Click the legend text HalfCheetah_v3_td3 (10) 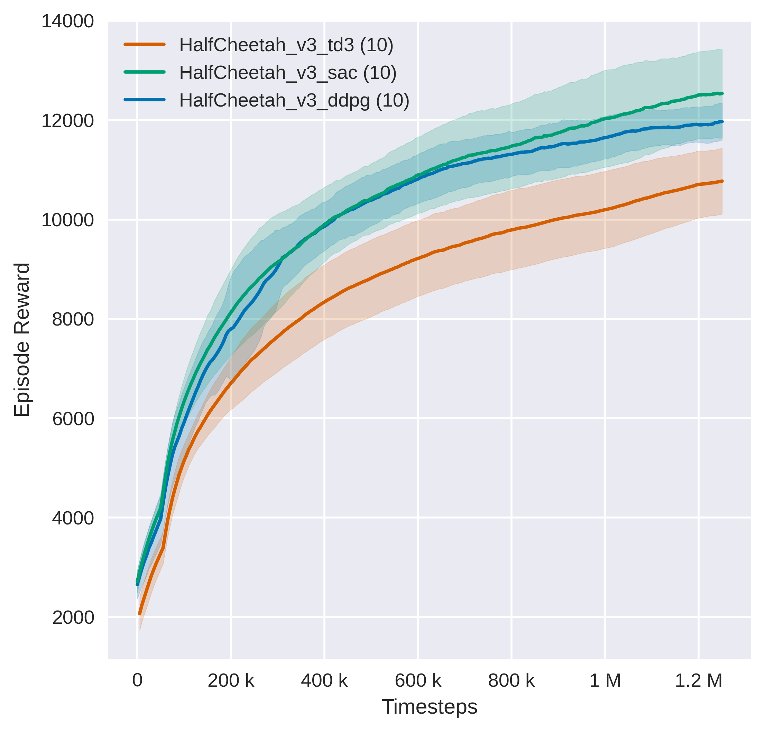pyautogui.click(x=286, y=45)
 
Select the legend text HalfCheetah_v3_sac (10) pyautogui.click(x=287, y=73)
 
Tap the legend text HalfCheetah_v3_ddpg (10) pyautogui.click(x=294, y=100)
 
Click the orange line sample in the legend pyautogui.click(x=145, y=45)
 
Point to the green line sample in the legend pyautogui.click(x=145, y=72)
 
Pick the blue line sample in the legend pyautogui.click(x=145, y=100)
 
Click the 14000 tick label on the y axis pyautogui.click(x=67, y=21)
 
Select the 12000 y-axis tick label pyautogui.click(x=67, y=121)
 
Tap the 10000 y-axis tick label pyautogui.click(x=67, y=220)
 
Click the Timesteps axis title pyautogui.click(x=429, y=707)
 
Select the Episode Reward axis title pyautogui.click(x=22, y=340)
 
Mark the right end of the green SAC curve pyautogui.click(x=722, y=94)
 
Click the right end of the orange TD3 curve pyautogui.click(x=722, y=181)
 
